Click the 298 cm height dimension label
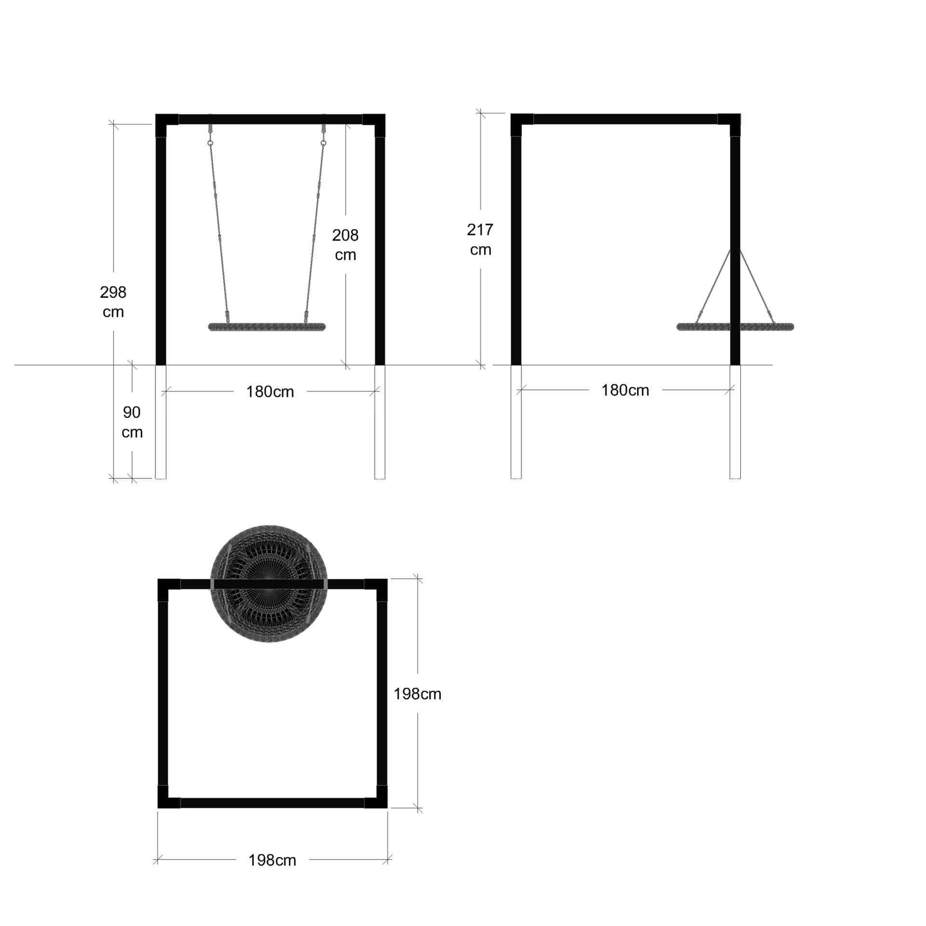click(113, 301)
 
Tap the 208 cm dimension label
click(345, 245)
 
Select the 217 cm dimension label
click(480, 239)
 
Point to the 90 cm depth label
click(132, 422)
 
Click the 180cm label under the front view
click(270, 392)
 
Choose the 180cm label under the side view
click(625, 390)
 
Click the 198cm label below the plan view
click(272, 860)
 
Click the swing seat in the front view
click(267, 327)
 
